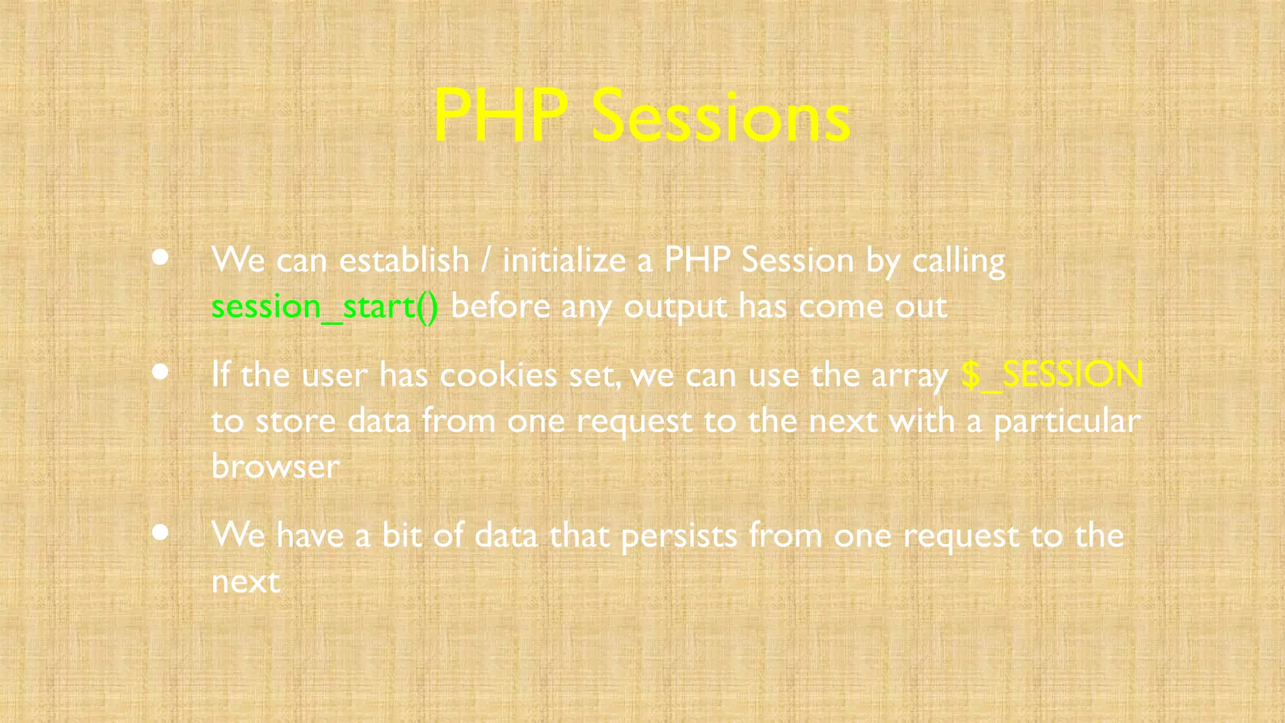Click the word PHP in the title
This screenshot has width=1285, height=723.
[x=500, y=117]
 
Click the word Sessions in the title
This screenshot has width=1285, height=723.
[x=720, y=117]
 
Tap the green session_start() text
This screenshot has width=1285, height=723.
[x=324, y=307]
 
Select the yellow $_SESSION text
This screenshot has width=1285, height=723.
[x=1052, y=375]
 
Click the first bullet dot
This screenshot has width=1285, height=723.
[x=161, y=257]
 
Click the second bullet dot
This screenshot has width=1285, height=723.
[x=161, y=372]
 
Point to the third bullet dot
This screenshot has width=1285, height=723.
[x=161, y=532]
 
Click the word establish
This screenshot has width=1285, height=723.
[x=404, y=260]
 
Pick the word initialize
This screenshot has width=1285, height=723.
[x=564, y=260]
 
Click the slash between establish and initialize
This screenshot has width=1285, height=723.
[x=486, y=260]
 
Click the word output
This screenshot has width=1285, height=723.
[x=675, y=308]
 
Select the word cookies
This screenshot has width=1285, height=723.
[x=498, y=375]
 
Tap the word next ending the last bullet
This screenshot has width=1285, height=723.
[x=245, y=582]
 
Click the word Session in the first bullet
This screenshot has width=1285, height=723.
[x=797, y=260]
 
